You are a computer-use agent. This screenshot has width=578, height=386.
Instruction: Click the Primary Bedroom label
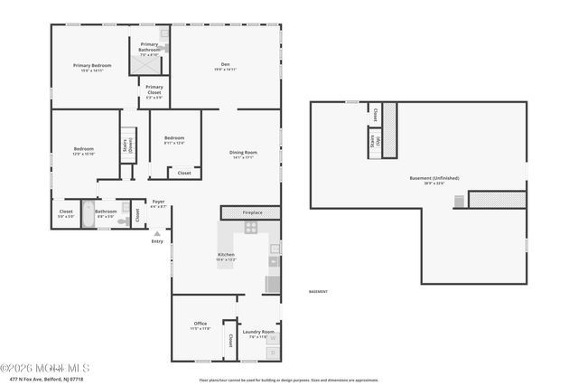[x=92, y=67]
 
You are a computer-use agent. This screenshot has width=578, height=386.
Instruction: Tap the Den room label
[x=225, y=65]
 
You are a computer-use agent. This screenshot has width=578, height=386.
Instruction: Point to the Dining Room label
[x=243, y=155]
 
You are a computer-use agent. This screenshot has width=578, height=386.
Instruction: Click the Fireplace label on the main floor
[x=252, y=212]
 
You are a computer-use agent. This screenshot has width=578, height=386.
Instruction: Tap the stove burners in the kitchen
[x=250, y=228]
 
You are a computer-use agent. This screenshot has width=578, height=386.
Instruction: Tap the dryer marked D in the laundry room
[x=272, y=353]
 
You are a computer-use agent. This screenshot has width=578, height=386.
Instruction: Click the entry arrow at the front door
[x=157, y=233]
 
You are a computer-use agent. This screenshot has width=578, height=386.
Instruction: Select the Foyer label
[x=158, y=202]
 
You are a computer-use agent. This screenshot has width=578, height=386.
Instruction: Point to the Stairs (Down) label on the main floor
[x=128, y=144]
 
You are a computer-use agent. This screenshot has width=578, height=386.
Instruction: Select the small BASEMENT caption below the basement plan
[x=318, y=292]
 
